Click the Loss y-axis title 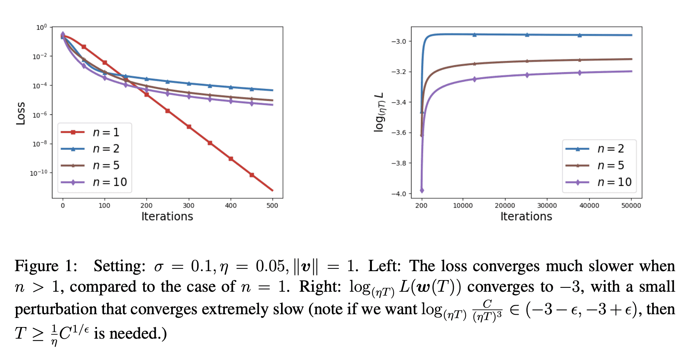click(x=21, y=113)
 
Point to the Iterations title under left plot click(x=167, y=216)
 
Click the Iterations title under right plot click(x=526, y=216)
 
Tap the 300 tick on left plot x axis click(x=189, y=206)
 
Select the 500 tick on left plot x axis click(x=273, y=206)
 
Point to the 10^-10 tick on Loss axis click(x=38, y=173)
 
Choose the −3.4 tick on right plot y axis click(x=398, y=102)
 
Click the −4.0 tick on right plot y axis click(x=398, y=194)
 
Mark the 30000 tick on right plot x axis click(x=547, y=206)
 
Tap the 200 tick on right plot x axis click(x=421, y=206)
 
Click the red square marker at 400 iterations click(x=231, y=159)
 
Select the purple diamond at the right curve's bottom click(x=422, y=190)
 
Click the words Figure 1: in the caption click(x=46, y=266)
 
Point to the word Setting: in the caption click(x=119, y=266)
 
